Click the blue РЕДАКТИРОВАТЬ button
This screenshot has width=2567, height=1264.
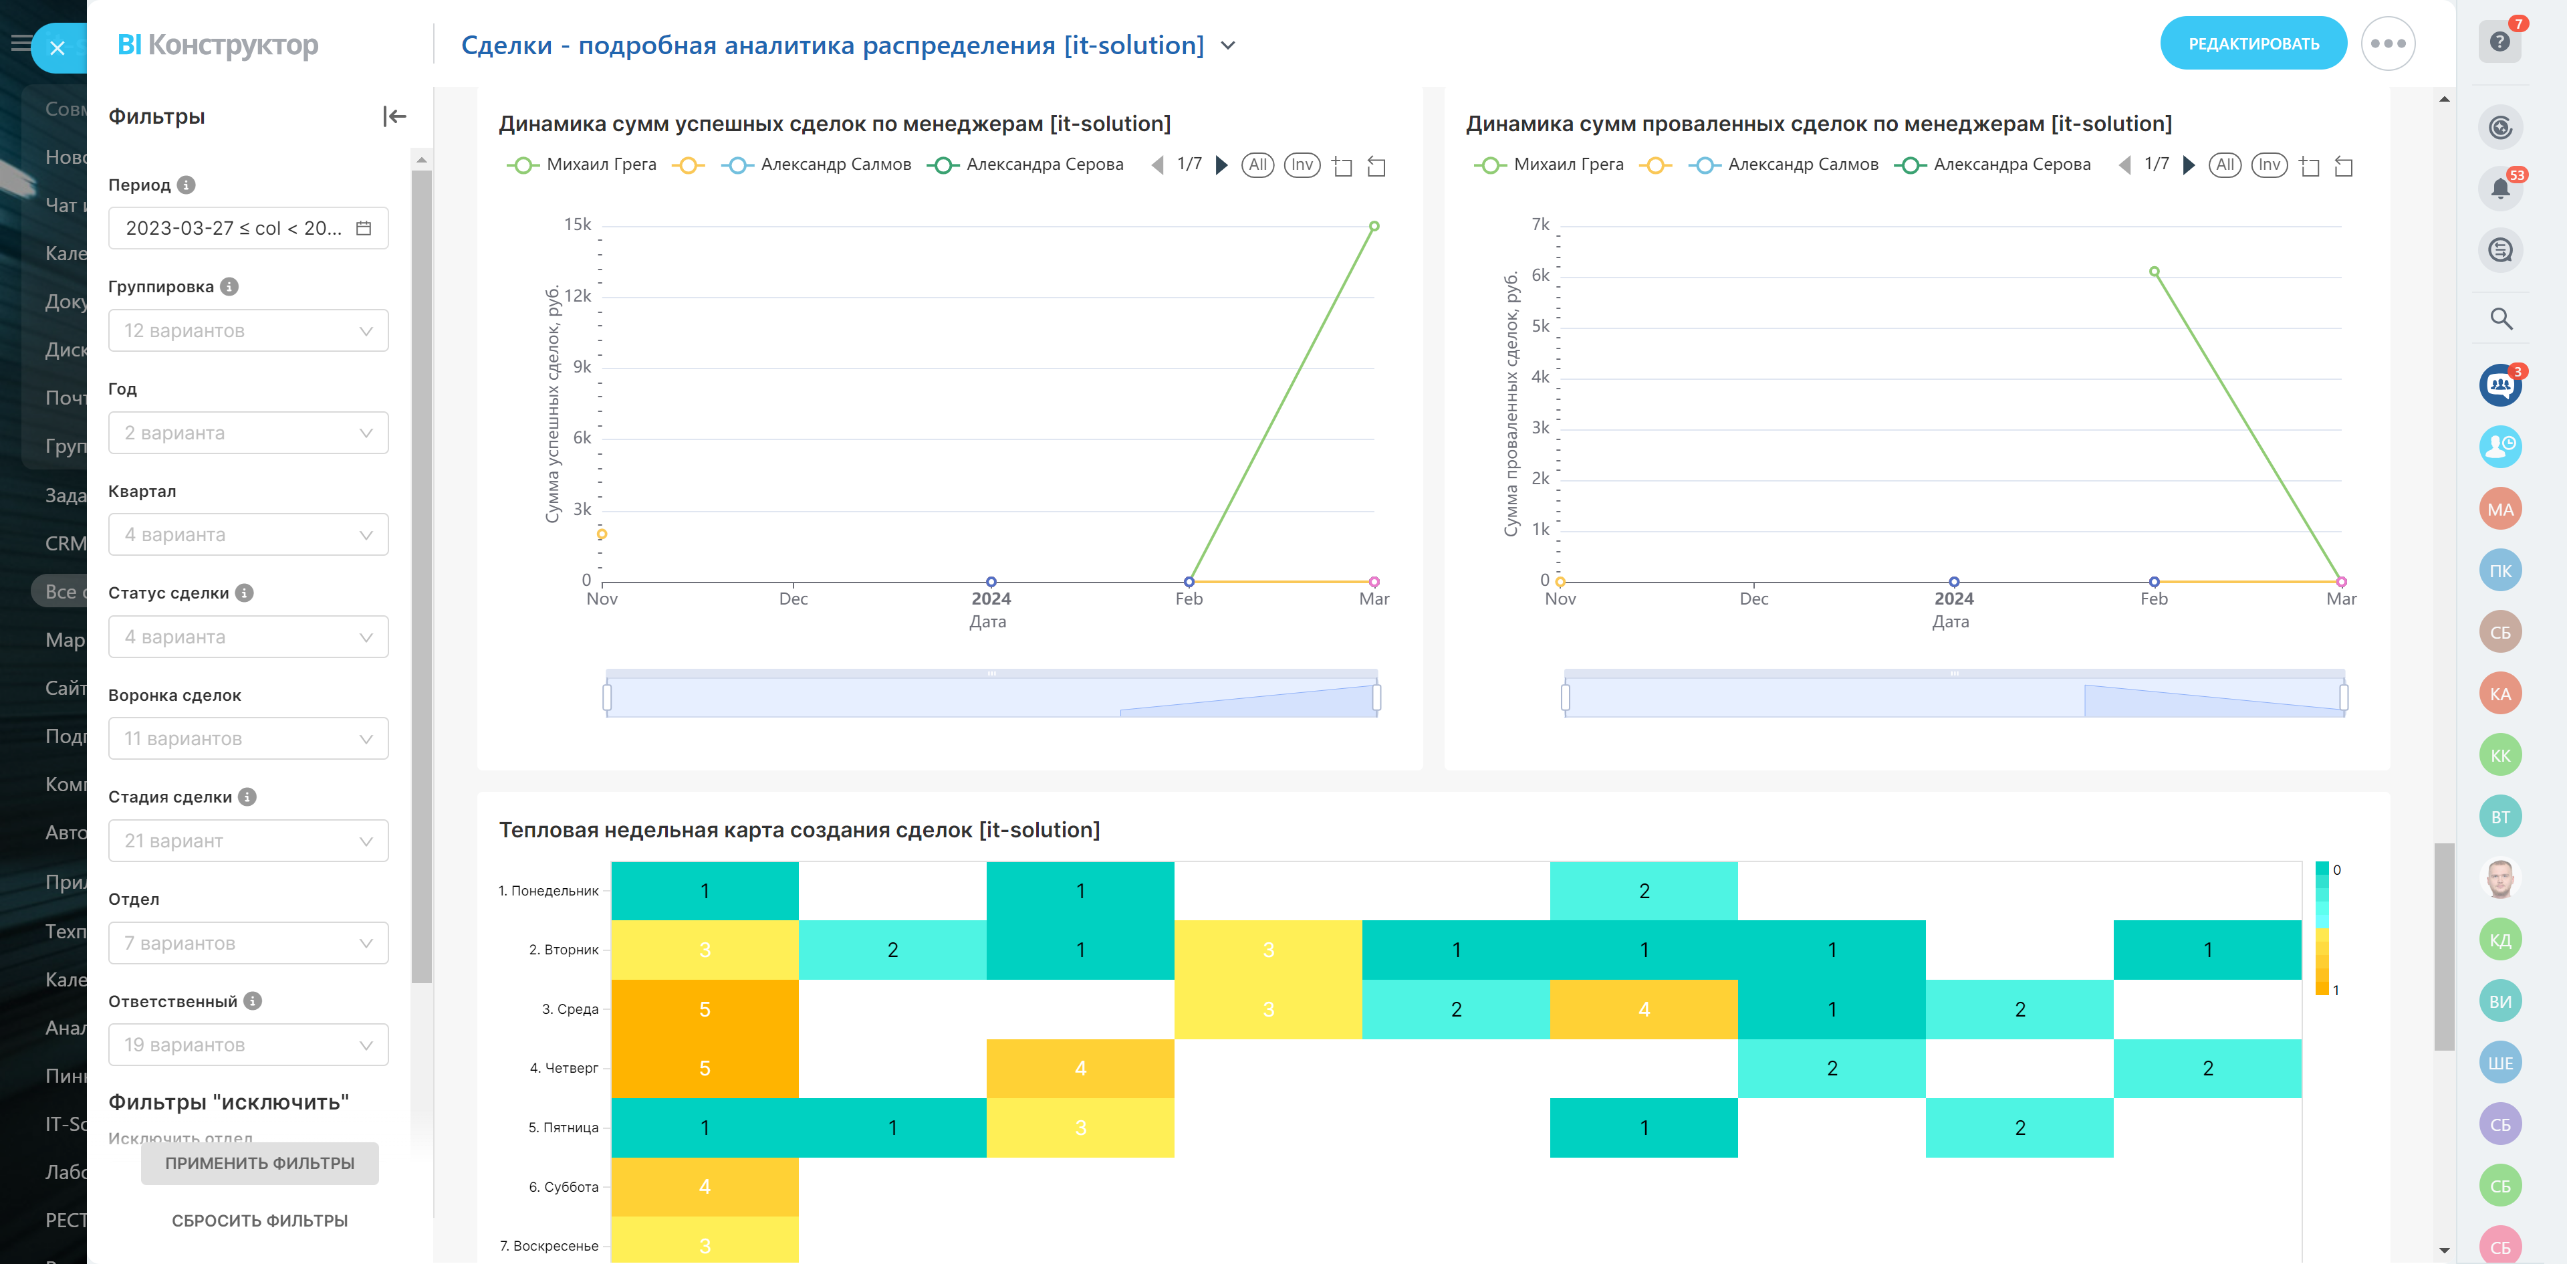click(2252, 44)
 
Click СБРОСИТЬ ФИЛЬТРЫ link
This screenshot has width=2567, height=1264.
click(259, 1220)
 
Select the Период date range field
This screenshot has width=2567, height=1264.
click(248, 228)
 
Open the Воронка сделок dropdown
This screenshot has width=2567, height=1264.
click(248, 738)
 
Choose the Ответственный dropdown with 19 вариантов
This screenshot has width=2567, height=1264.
click(248, 1045)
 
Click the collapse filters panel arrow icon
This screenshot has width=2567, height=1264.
click(394, 116)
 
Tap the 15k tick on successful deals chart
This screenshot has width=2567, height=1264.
click(578, 224)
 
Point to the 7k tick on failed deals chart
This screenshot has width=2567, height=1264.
click(1541, 224)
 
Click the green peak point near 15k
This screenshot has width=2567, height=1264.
click(1374, 226)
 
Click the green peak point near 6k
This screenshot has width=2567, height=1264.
click(2155, 271)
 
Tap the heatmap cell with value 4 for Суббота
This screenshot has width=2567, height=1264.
click(705, 1186)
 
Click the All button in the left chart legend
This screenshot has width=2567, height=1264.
click(1257, 165)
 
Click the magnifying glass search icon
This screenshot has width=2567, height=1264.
click(2500, 319)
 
